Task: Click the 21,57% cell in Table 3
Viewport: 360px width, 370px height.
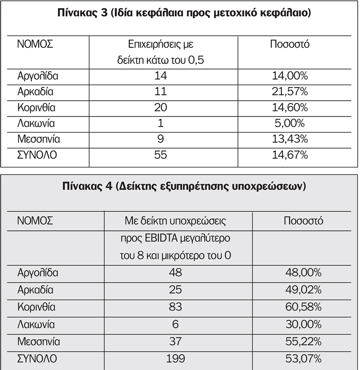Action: [x=290, y=92]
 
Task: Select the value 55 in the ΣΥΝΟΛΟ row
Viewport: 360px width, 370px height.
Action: [x=160, y=155]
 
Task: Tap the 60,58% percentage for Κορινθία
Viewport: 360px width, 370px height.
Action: [x=303, y=307]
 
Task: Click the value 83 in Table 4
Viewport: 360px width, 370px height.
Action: [x=176, y=307]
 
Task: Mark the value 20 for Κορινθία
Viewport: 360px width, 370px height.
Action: [x=160, y=108]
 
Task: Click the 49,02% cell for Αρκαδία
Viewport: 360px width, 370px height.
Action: [x=303, y=290]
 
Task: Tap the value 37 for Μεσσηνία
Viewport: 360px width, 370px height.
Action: [x=176, y=342]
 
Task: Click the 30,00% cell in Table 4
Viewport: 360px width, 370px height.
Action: [x=303, y=324]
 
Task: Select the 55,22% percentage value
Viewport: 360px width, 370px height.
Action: [x=303, y=342]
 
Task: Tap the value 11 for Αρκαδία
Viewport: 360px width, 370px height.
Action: [x=160, y=92]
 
